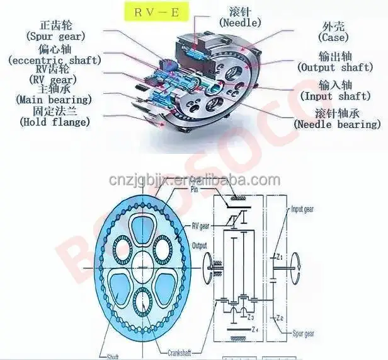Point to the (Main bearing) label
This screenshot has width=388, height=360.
pos(54,99)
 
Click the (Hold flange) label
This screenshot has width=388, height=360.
pos(55,122)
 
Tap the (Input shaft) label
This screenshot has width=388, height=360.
pos(335,96)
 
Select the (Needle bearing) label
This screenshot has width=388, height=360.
pos(338,124)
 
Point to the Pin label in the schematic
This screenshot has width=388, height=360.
pos(196,189)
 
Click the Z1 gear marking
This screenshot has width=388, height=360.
pos(280,257)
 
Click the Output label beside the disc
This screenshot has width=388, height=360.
pos(200,245)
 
